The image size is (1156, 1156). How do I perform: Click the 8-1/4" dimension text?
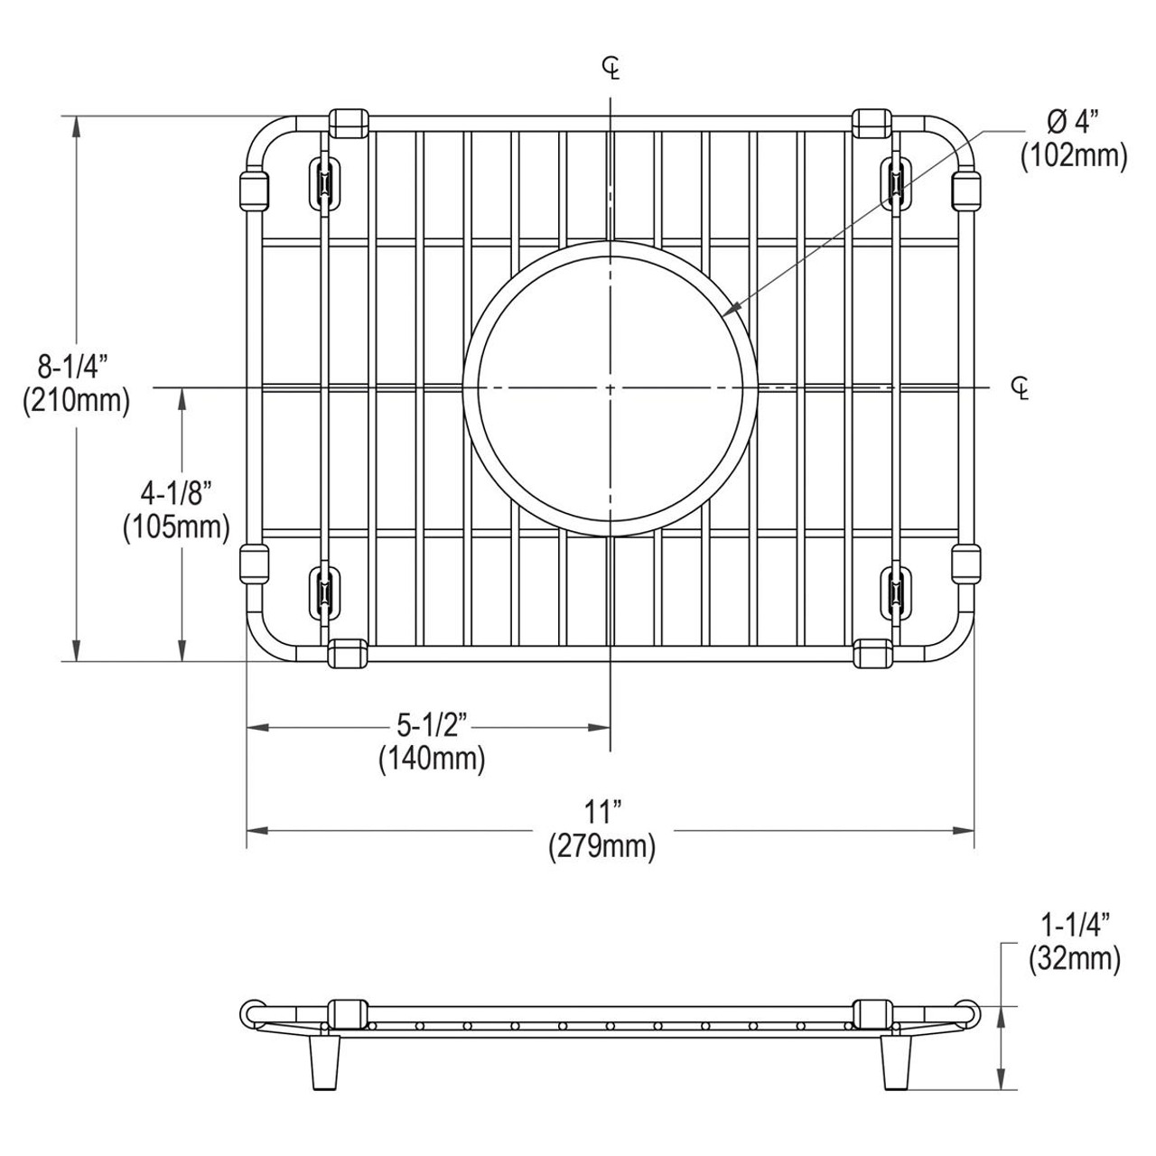[72, 367]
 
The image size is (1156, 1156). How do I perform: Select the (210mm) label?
[76, 399]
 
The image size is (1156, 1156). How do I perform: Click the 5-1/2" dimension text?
[431, 725]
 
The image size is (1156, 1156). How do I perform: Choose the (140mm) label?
[432, 759]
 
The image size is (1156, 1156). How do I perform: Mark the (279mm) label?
[601, 847]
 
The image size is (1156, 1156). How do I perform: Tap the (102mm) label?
[1074, 155]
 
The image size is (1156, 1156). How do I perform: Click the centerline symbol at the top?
[612, 68]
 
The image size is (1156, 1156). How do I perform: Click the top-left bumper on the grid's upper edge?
[349, 123]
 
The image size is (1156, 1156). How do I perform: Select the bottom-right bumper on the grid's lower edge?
[872, 655]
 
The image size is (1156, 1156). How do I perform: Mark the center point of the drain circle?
[611, 388]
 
